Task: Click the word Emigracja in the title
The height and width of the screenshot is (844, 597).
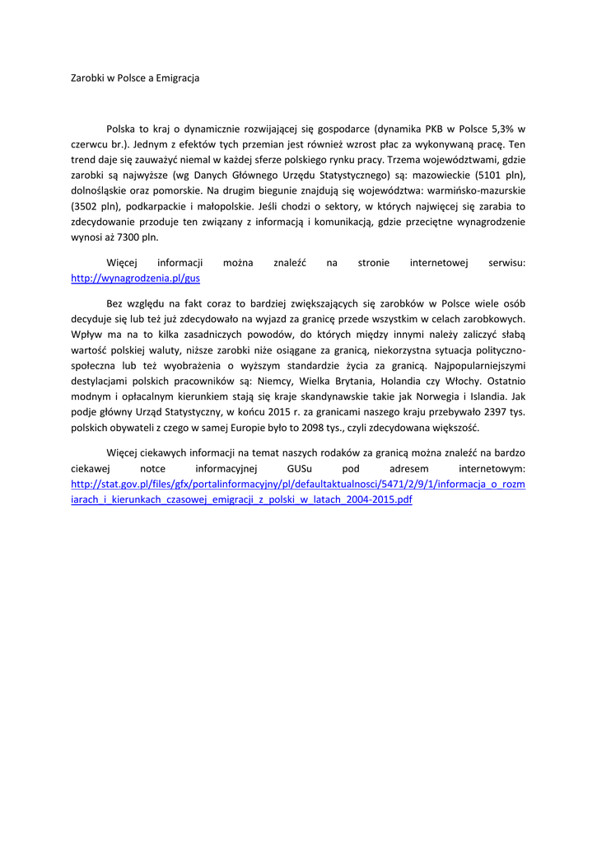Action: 173,78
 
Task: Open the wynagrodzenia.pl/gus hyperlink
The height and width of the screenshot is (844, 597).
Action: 135,279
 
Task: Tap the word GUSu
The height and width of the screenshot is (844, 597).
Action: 301,468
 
